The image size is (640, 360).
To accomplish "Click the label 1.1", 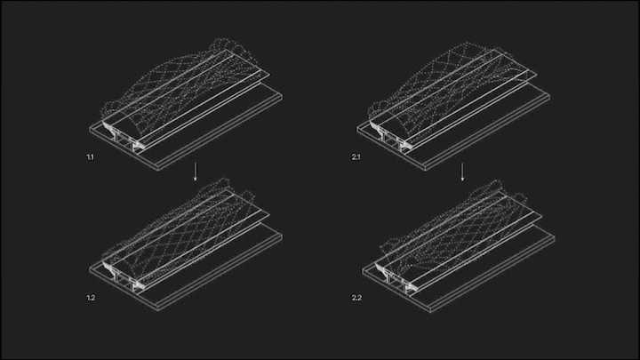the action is point(90,157).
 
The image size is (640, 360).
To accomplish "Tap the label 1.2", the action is point(91,298).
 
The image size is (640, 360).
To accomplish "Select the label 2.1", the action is point(356,157).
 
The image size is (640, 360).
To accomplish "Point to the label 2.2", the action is point(356,298).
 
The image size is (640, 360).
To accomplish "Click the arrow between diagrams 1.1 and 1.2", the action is point(195,172).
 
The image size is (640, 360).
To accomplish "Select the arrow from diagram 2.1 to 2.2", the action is point(462,172).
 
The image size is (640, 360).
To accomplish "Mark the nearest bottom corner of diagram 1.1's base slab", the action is point(158,171).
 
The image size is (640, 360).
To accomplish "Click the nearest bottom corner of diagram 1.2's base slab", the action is point(158,311).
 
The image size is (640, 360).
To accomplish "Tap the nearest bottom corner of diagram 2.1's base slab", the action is point(425,171).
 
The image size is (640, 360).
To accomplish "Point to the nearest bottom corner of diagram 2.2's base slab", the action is point(430,313).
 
